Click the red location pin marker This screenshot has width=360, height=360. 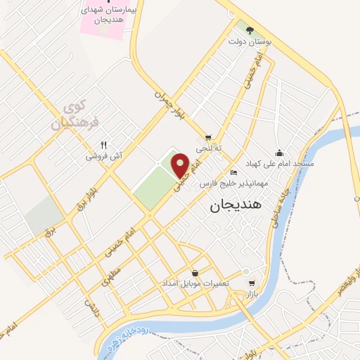(x=181, y=164)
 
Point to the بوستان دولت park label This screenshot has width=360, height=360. (x=248, y=41)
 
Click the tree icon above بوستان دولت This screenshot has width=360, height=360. (x=248, y=29)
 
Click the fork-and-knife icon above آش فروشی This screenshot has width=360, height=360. (x=103, y=144)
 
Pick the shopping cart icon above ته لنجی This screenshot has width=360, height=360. (x=207, y=137)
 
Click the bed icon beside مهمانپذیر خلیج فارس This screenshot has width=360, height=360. (x=234, y=173)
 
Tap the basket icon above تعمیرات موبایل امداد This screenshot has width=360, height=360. (x=195, y=273)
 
